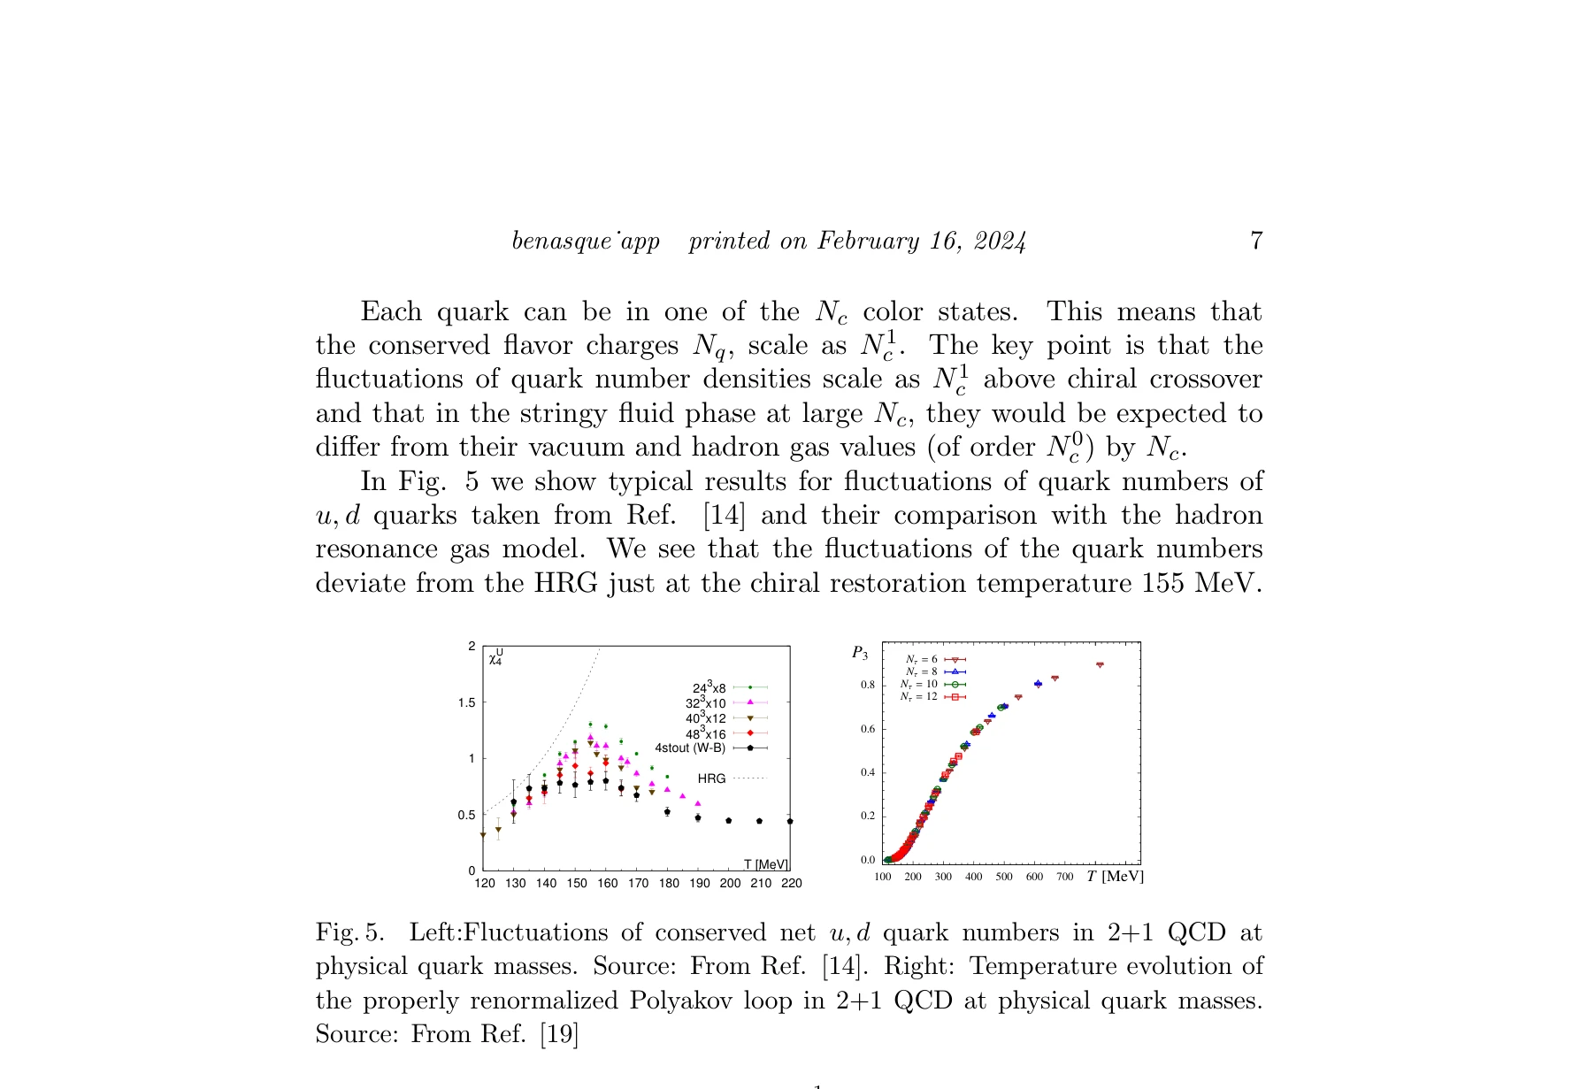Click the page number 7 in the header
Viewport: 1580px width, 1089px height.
point(1255,241)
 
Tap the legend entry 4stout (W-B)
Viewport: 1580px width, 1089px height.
point(690,748)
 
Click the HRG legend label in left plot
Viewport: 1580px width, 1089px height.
point(711,779)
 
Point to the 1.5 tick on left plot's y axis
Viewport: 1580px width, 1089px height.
point(465,703)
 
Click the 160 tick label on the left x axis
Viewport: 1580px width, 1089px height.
point(608,884)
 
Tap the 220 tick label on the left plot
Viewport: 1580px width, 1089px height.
point(792,884)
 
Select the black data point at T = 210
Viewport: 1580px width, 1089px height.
point(759,821)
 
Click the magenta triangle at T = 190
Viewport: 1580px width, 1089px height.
point(697,803)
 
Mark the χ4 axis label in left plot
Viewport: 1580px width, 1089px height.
point(496,656)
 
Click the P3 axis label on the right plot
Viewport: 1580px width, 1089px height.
point(860,654)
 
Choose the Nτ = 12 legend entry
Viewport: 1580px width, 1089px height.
point(920,697)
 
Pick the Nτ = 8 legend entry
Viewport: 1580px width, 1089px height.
point(922,672)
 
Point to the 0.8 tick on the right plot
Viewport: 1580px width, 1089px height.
point(868,686)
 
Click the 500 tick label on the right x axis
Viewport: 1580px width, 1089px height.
point(1004,878)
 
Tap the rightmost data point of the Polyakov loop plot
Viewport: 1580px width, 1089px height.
point(1100,664)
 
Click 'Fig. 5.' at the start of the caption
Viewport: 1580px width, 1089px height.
point(350,933)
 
